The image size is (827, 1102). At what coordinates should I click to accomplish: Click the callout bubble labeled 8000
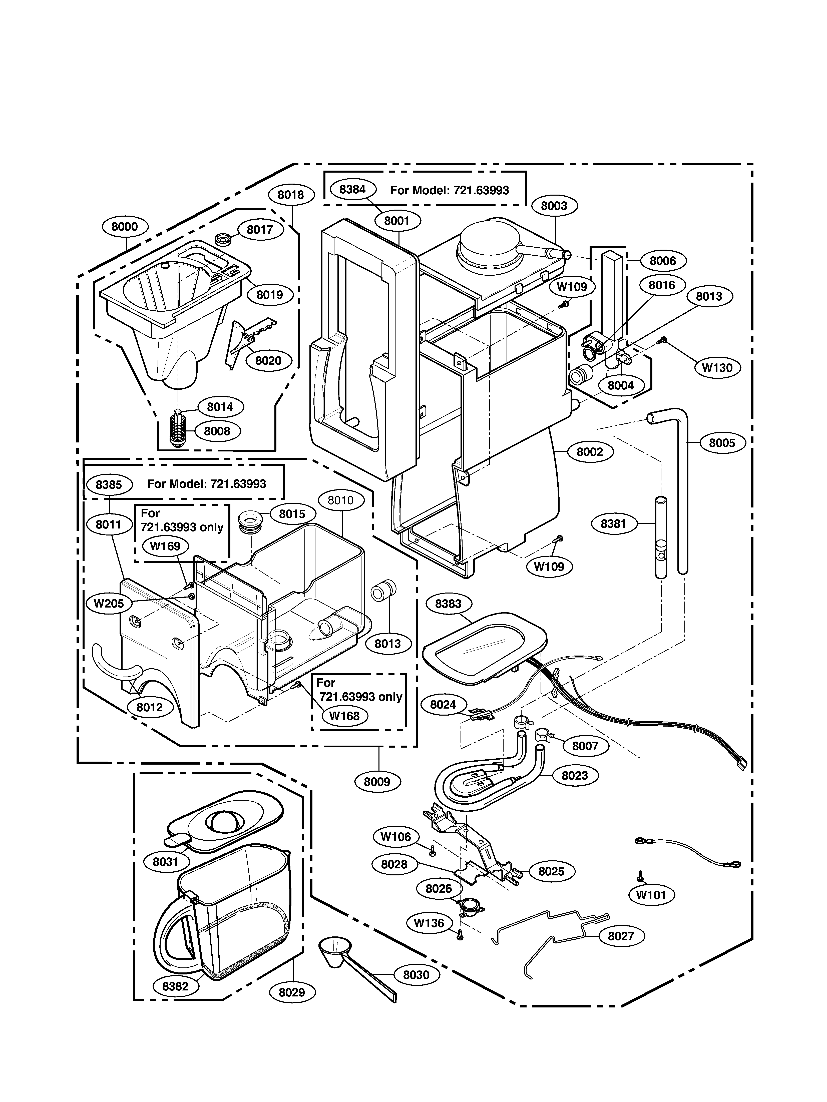(x=124, y=227)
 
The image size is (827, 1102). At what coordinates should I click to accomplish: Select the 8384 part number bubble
(x=352, y=189)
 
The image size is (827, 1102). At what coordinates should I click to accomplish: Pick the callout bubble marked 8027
(x=620, y=936)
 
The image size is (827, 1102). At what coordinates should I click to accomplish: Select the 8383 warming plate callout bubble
(x=448, y=604)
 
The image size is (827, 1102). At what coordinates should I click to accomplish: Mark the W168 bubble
(x=344, y=716)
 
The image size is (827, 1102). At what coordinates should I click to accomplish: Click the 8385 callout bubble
(x=109, y=484)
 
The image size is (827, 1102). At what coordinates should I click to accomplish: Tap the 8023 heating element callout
(x=574, y=776)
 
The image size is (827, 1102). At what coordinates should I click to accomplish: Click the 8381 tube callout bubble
(x=613, y=523)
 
